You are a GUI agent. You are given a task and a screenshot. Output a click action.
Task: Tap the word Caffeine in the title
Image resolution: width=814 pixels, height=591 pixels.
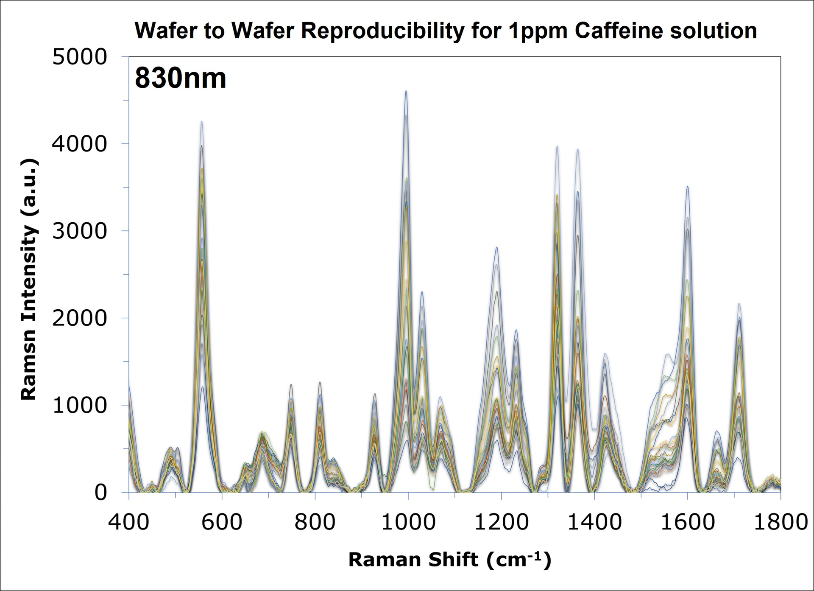coord(619,31)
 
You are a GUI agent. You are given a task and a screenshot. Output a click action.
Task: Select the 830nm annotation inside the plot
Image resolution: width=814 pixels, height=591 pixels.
coord(181,78)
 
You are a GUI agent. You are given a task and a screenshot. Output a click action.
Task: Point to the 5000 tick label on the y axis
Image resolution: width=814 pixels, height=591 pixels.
coord(79,57)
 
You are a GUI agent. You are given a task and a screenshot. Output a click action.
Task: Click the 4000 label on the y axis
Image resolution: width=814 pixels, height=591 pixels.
coord(79,144)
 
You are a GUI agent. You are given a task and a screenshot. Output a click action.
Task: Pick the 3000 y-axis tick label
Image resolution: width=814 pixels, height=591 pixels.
coord(79,231)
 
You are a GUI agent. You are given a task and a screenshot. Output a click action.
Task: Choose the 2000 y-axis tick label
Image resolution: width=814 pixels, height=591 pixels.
coord(79,318)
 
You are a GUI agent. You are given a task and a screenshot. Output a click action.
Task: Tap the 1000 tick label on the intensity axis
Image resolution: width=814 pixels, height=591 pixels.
coord(79,406)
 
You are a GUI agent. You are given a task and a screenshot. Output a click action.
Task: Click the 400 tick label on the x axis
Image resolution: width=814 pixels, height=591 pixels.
coord(128,522)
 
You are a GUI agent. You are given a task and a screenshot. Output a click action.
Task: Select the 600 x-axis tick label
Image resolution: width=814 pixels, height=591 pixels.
coord(222,522)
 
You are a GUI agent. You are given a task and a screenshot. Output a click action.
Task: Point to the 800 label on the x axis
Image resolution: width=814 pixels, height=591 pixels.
coord(315,522)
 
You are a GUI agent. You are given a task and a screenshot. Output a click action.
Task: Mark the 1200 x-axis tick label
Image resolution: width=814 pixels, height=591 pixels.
coord(501,522)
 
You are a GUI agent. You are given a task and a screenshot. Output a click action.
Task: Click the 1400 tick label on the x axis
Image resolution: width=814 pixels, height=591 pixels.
coord(594,522)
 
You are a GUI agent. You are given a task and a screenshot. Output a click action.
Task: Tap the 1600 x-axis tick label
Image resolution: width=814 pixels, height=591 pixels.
coord(688,522)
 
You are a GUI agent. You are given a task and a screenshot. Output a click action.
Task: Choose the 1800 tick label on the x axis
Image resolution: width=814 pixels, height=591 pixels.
coord(781,522)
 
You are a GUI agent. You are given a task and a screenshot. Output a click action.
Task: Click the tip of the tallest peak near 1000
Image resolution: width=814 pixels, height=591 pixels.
coord(406,91)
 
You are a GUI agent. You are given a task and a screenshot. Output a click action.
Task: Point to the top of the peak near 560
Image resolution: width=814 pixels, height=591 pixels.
coord(202,122)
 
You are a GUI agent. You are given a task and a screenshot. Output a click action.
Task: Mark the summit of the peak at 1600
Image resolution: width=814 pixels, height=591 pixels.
coord(688,186)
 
